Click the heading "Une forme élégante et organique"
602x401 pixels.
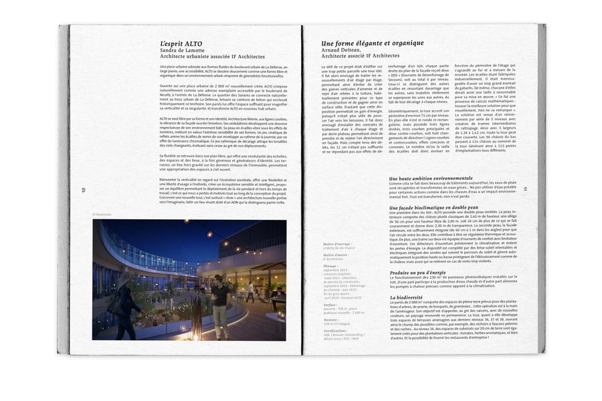[372, 43]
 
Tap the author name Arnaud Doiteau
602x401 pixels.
[343, 50]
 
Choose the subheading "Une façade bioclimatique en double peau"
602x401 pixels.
[433, 208]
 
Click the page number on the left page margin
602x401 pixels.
[84, 189]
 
